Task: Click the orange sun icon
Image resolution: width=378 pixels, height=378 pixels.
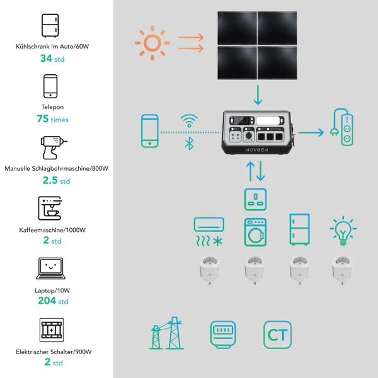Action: click(x=152, y=43)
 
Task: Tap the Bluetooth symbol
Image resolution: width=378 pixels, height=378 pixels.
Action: click(x=190, y=144)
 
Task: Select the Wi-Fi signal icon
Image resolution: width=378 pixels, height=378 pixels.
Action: click(x=190, y=120)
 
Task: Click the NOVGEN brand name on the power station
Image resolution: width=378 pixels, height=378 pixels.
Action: click(x=257, y=150)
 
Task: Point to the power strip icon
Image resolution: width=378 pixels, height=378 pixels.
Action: click(x=342, y=127)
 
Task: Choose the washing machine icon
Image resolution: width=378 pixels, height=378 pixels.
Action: click(x=256, y=232)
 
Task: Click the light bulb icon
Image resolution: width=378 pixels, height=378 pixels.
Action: click(x=343, y=231)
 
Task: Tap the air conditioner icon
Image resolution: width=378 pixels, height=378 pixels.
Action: click(x=209, y=231)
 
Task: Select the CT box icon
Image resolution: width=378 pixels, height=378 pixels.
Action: click(x=277, y=335)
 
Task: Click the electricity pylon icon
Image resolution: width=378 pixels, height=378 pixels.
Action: click(x=166, y=333)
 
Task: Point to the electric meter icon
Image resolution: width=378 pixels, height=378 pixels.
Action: click(x=223, y=335)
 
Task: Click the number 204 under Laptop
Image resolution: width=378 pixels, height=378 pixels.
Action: click(x=47, y=301)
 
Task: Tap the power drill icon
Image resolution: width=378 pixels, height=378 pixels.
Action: click(x=54, y=147)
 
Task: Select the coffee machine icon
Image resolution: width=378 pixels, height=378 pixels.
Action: click(x=50, y=209)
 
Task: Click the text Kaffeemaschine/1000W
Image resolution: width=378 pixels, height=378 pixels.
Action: click(x=52, y=230)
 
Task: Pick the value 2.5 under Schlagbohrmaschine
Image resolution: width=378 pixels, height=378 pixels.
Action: click(x=50, y=180)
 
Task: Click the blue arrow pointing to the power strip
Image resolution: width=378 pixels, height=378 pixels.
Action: click(x=311, y=132)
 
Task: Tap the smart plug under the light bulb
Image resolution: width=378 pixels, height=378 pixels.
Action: click(x=342, y=270)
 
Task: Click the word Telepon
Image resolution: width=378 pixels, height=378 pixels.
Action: click(x=52, y=107)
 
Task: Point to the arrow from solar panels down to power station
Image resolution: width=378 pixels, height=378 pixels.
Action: click(x=258, y=95)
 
